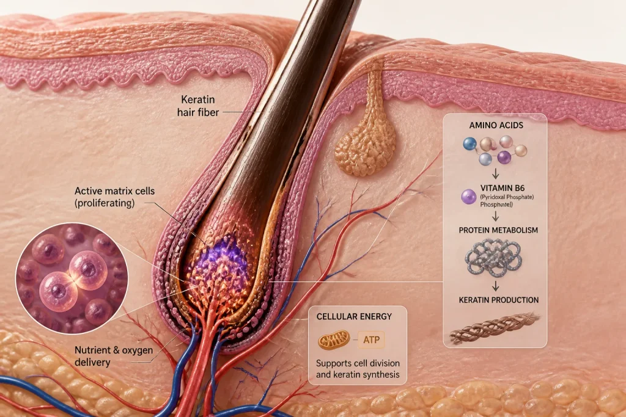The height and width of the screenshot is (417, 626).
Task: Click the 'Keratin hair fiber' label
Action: (x=198, y=106)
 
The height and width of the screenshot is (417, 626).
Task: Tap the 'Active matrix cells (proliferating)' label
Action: (x=114, y=197)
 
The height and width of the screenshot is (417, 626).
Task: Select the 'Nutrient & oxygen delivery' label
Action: (x=114, y=356)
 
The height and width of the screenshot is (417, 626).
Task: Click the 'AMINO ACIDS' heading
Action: (x=496, y=125)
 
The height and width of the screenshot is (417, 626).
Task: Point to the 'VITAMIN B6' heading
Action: (x=503, y=188)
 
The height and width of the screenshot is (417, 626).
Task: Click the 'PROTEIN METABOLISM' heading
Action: (x=498, y=230)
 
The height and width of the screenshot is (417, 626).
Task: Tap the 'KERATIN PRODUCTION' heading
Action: (x=499, y=300)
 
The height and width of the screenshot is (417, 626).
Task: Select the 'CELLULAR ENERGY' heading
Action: (x=354, y=316)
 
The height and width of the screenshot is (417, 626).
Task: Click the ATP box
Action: (x=371, y=340)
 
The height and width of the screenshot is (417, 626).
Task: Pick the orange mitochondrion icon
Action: (x=334, y=340)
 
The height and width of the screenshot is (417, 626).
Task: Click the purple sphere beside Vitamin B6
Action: (x=469, y=197)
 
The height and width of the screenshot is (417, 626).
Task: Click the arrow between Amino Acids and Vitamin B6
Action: (x=495, y=173)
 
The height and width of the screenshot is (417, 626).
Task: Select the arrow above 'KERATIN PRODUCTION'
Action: (x=495, y=286)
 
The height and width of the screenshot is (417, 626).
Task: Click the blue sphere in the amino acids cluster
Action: (x=470, y=144)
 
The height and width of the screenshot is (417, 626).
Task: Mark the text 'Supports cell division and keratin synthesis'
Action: (x=358, y=369)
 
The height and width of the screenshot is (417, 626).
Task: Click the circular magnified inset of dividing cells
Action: (x=72, y=278)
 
